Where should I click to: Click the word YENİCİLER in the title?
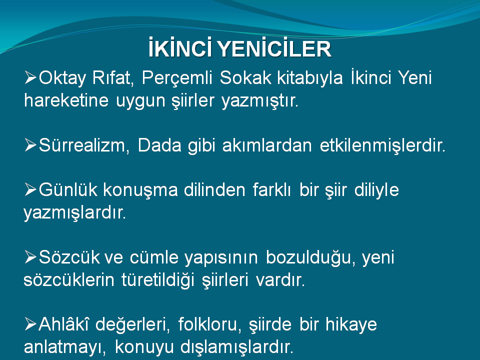point(274,48)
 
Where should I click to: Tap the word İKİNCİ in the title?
point(180,48)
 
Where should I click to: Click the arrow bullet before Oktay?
point(30,77)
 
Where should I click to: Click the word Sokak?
point(245,77)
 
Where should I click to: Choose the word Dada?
point(159,145)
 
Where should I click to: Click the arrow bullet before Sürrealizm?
point(30,144)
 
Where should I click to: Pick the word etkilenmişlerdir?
point(382,145)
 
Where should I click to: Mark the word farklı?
point(272,189)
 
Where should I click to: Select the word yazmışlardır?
point(74,213)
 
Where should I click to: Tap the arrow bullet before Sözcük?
point(30,256)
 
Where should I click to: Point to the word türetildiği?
point(158,280)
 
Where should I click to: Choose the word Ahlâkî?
point(63,323)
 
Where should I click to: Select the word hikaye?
point(351,324)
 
